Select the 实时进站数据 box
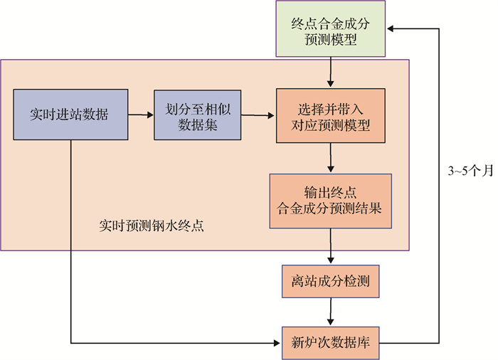[x=70, y=114]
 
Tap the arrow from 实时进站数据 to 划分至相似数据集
[x=141, y=114]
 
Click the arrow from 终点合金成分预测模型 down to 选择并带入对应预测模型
[x=331, y=73]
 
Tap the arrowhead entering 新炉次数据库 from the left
[x=278, y=343]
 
